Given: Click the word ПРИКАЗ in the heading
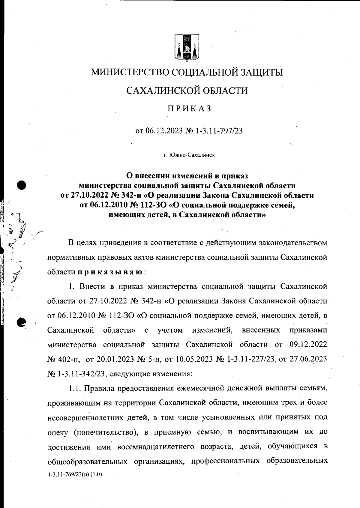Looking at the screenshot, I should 189,108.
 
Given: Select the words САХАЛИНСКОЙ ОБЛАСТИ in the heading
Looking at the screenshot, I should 187,90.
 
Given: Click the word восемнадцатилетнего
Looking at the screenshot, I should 157,447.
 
